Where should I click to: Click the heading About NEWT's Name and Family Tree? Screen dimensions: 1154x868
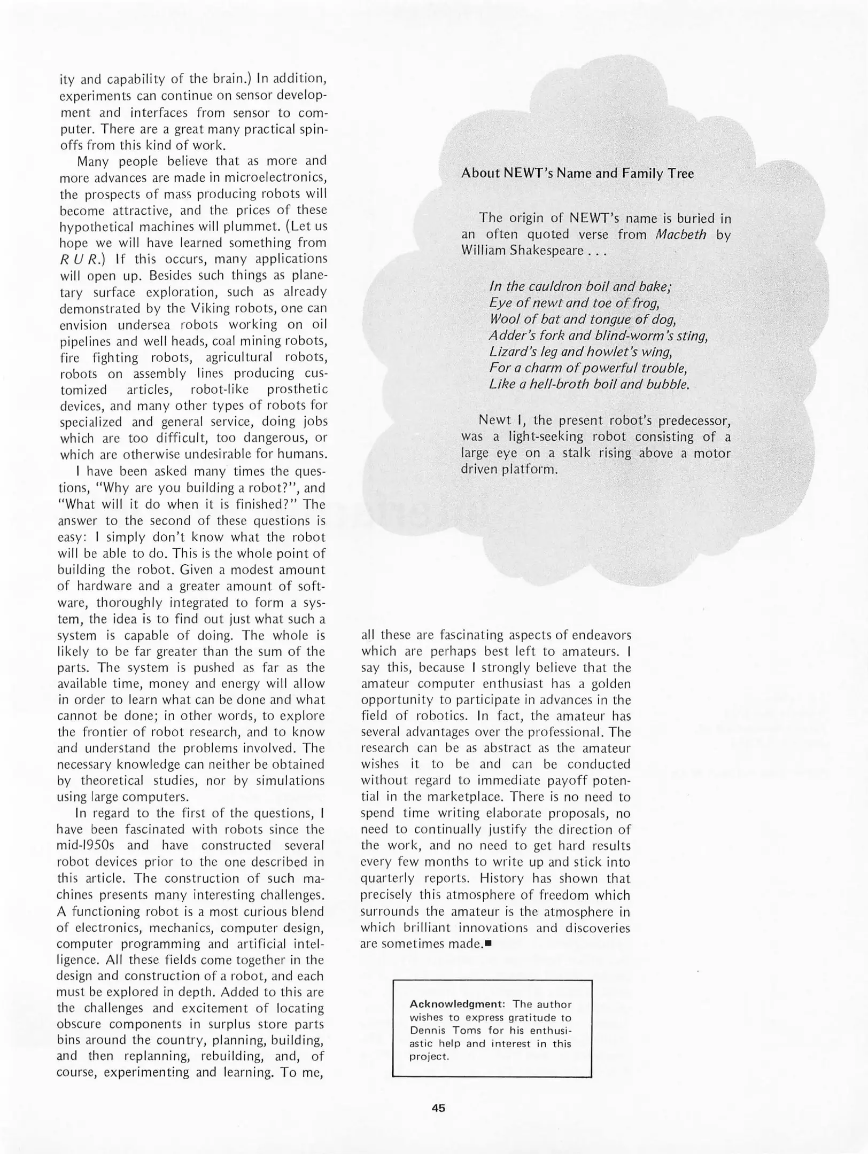click(577, 174)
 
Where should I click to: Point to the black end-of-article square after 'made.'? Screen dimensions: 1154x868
click(488, 944)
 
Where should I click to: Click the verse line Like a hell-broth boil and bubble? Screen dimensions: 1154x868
click(589, 384)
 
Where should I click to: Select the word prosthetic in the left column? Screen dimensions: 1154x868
click(297, 389)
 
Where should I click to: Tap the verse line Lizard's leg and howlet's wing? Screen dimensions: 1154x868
click(580, 352)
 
